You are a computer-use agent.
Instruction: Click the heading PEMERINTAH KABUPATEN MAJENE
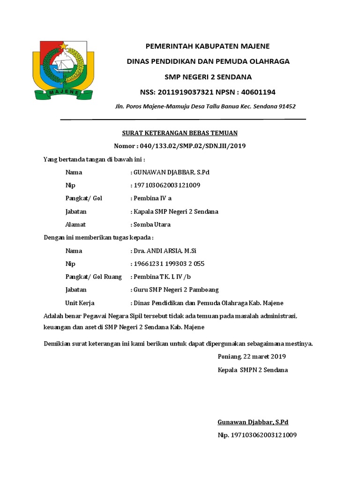coord(208,46)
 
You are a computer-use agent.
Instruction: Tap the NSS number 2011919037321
coord(187,92)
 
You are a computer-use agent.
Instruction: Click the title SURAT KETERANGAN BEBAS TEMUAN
coord(180,133)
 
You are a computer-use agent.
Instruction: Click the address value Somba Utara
coord(152,225)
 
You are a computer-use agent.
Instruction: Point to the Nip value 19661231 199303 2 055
coord(169,263)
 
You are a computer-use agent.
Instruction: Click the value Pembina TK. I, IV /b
coord(164,277)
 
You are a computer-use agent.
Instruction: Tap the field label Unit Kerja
coord(80,303)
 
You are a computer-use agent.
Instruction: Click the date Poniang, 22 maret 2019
coord(252,357)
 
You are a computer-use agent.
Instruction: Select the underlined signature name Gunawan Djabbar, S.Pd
coord(253,422)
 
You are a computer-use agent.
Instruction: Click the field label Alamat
coord(75,225)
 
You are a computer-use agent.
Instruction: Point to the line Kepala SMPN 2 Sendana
coord(253,370)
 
